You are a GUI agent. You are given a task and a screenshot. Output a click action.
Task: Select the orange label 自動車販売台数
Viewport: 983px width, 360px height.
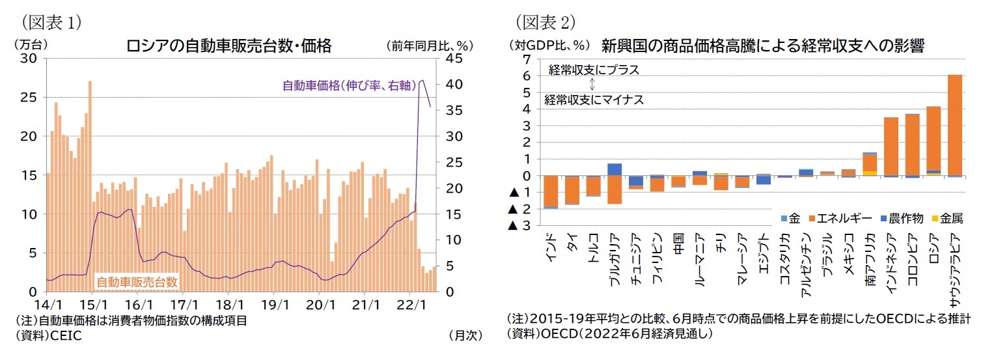(x=137, y=282)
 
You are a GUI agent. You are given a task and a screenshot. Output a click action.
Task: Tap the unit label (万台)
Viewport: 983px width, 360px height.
(x=31, y=46)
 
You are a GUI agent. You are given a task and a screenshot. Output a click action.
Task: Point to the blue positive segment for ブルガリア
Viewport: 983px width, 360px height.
(x=615, y=169)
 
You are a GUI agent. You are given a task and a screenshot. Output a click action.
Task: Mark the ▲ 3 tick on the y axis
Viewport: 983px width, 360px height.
(x=521, y=226)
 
